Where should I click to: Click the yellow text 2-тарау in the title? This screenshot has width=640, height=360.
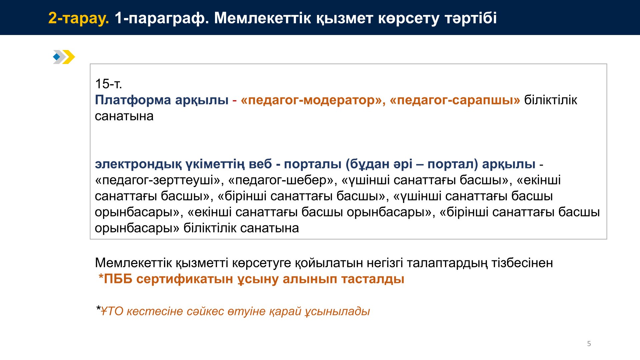click(x=79, y=18)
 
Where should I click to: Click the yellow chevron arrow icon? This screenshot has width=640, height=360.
click(x=69, y=57)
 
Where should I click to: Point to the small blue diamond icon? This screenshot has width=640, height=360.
click(x=57, y=57)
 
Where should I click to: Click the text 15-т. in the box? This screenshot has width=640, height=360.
click(x=108, y=84)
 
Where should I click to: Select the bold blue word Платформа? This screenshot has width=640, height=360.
click(x=133, y=100)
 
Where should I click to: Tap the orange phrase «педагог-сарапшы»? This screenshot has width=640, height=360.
click(x=455, y=100)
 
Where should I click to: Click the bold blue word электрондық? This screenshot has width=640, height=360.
click(x=138, y=164)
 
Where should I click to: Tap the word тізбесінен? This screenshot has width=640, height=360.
click(x=522, y=263)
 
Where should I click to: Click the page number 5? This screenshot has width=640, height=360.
click(x=589, y=344)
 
